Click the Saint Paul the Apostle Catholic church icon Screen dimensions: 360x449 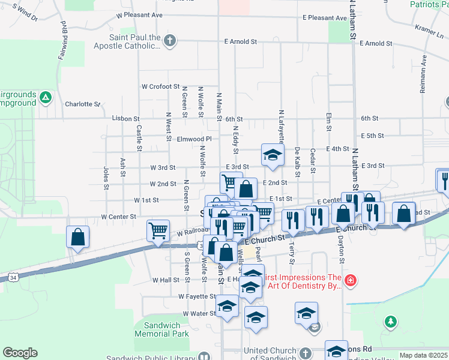pos(170,41)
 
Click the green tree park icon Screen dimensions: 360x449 pos(391,322)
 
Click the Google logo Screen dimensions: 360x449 pos(20,353)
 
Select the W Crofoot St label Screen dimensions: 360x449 pos(160,87)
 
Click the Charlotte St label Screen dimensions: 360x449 pos(83,104)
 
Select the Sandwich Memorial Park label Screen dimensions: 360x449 pos(157,329)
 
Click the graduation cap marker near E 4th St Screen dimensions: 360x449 pos(273,155)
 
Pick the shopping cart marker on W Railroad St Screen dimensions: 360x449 pos(158,230)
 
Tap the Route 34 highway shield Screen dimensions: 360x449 pos(13,278)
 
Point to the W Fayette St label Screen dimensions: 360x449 pos(196,296)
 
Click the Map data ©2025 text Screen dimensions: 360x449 pos(423,355)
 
